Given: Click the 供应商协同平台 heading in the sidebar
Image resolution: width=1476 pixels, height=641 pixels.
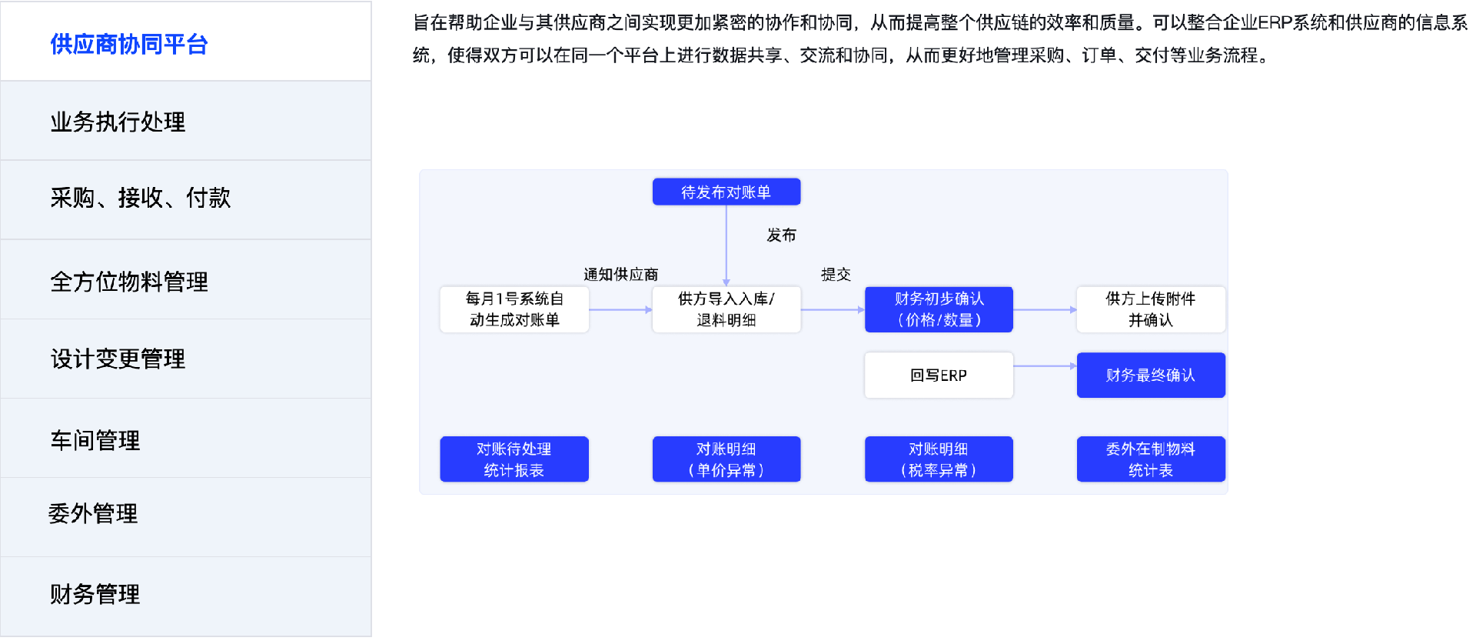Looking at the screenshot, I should coord(129,45).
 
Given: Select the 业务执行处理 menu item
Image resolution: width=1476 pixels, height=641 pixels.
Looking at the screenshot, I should coord(118,122).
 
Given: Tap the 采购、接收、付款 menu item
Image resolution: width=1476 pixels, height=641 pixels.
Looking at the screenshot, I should coord(140,199).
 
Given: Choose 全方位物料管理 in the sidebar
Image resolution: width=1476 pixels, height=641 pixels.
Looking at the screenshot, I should coord(129,282).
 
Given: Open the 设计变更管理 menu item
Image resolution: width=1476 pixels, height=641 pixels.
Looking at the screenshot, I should coord(118,359).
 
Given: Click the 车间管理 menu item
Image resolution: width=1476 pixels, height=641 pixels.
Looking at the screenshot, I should coord(95,440).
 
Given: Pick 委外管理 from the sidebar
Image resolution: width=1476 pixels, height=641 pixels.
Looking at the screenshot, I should coord(93,513).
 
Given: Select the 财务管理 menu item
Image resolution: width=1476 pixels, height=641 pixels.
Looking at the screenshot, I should coord(95,594).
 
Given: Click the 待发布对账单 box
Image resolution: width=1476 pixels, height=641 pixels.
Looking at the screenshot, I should coord(726,192).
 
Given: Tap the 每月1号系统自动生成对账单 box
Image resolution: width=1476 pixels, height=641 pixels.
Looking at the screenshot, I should coord(514,309).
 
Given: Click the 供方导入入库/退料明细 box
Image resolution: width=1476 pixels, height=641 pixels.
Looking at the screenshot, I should coord(726,309).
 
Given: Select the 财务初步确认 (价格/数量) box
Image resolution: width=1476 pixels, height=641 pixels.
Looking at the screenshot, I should coord(939,309).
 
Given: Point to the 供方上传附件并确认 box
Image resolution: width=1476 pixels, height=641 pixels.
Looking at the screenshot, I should coord(1151,309).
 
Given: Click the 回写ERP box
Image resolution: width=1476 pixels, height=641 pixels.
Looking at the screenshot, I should coord(939,376).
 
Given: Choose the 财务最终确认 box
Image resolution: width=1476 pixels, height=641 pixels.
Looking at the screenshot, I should coord(1151,376).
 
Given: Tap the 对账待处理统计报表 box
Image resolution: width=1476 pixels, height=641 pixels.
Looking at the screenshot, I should coord(514,459).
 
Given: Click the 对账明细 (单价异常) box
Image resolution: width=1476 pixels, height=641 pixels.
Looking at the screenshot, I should coord(726,459).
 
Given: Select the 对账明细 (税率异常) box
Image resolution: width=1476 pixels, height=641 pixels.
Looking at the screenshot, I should coord(939,459).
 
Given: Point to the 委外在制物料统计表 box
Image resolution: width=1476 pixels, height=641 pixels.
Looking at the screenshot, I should coord(1151,459).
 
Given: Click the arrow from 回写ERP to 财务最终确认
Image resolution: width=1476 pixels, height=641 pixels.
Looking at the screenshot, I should coord(1045,366).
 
